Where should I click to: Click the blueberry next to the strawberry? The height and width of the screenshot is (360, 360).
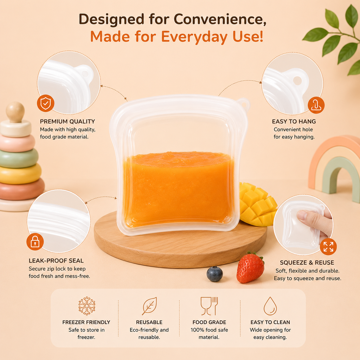point(215,274)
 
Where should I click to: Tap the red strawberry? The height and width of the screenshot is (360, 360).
point(250,268)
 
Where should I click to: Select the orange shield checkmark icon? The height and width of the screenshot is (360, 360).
point(46,103)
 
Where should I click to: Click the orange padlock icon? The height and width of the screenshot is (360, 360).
point(35,242)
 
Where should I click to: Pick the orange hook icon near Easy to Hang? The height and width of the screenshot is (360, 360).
point(316,105)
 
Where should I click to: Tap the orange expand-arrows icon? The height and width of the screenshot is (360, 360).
point(328,247)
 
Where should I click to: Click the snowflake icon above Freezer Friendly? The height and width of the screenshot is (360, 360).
point(87,306)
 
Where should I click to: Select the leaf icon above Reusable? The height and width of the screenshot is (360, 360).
point(149,306)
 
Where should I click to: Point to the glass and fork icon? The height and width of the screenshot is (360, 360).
point(209,306)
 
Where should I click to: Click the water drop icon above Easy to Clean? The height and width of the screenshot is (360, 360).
point(270,306)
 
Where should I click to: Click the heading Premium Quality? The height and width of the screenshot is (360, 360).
point(67,121)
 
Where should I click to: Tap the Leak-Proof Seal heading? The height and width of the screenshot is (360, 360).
point(56,261)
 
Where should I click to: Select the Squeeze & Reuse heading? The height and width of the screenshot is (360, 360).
point(307,262)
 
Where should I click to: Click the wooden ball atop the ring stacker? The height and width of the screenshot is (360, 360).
point(15,112)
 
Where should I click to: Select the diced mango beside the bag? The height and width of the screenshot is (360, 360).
point(258,204)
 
